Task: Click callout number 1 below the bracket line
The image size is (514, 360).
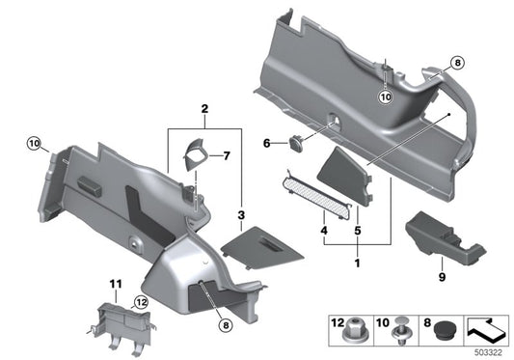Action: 360,263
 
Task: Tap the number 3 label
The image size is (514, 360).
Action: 241,213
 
